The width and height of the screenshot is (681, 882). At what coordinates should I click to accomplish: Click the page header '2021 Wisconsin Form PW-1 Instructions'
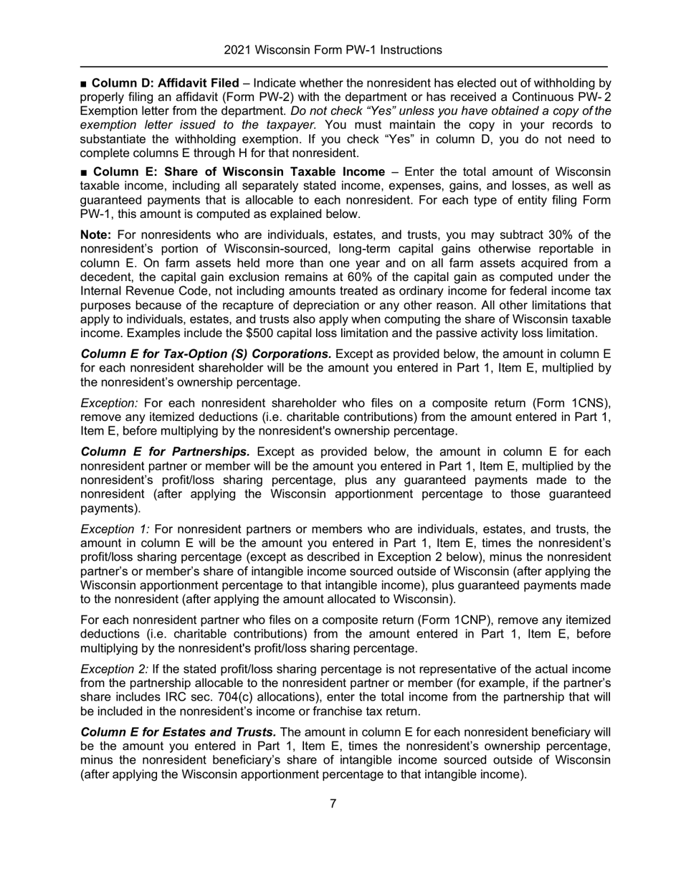pos(333,50)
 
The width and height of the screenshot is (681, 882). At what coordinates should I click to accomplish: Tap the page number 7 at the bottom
pos(333,803)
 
